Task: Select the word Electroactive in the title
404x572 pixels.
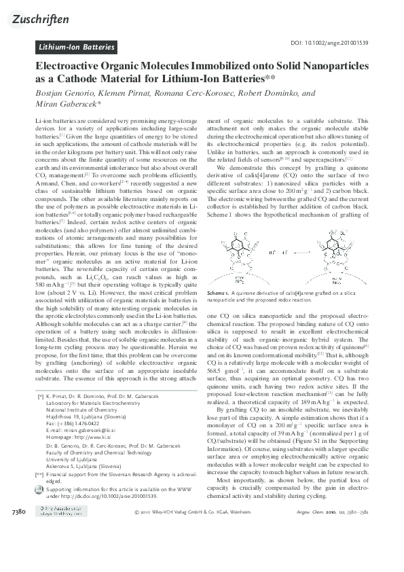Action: (x=67, y=67)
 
